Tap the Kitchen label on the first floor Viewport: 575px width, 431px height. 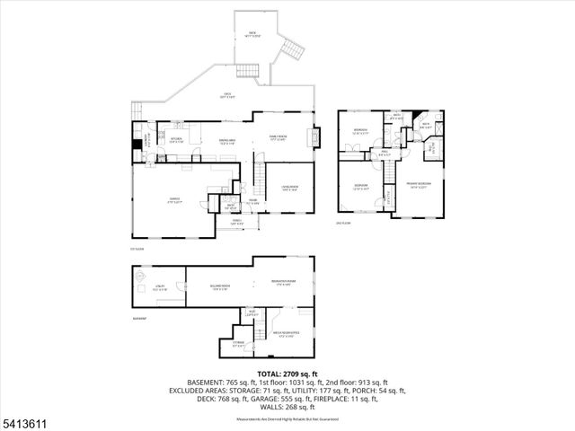[x=177, y=140]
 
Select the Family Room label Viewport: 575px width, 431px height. [x=278, y=138]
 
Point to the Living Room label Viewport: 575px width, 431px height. [x=290, y=188]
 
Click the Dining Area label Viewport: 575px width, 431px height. [x=227, y=141]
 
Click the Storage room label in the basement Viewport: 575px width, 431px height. [x=238, y=344]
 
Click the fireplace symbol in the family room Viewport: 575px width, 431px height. [x=314, y=138]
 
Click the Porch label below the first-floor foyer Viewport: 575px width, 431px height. [x=237, y=221]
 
